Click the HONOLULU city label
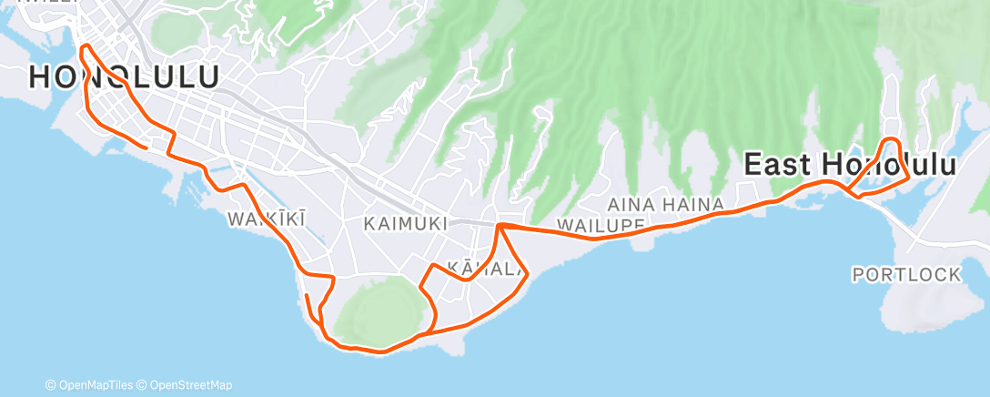[124, 77]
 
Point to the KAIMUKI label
[405, 223]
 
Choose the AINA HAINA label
[665, 204]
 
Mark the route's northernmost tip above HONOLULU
[85, 46]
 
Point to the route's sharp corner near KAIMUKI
[500, 224]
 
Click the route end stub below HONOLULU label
[145, 146]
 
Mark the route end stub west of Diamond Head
[307, 297]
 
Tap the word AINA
[627, 204]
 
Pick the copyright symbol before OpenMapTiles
[51, 385]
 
